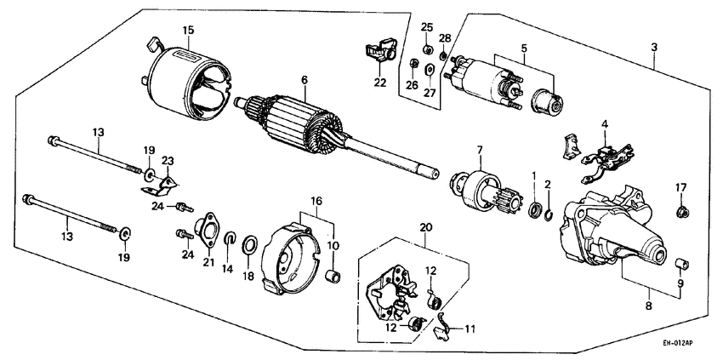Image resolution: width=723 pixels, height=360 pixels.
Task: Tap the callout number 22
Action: pyautogui.click(x=379, y=82)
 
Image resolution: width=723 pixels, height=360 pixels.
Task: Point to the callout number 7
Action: pyautogui.click(x=479, y=151)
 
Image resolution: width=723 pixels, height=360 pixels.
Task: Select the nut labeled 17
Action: pyautogui.click(x=680, y=209)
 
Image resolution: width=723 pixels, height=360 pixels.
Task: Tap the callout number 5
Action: pyautogui.click(x=525, y=49)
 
